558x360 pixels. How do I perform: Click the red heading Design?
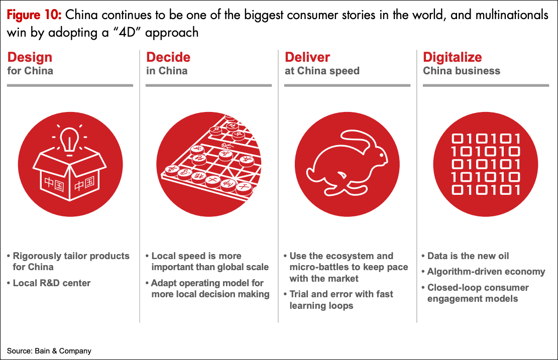pos(30,57)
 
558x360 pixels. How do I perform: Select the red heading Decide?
pos(168,57)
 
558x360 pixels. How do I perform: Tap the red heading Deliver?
pos(307,57)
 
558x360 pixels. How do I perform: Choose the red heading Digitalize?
pos(453,57)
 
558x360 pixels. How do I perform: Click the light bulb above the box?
pos(69,141)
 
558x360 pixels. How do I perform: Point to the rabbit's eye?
pos(381,155)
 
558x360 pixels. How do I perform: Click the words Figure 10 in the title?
pos(34,15)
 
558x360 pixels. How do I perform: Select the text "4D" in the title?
pos(127,32)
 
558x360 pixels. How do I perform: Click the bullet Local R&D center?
pos(52,283)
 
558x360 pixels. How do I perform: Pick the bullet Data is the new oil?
pos(468,256)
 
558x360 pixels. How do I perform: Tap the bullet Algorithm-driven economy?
pos(486,272)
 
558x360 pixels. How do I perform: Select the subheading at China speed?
pos(322,71)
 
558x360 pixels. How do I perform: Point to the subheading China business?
pos(462,71)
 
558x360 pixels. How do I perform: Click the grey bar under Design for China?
pos(70,85)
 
